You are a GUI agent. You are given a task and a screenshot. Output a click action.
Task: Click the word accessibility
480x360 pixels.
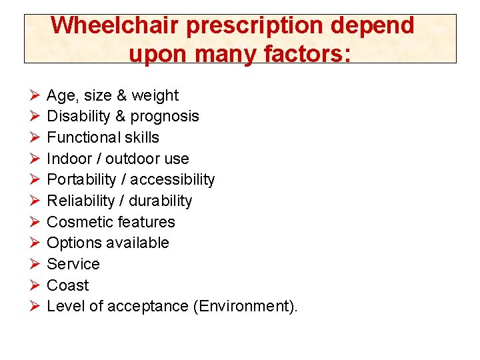(x=173, y=180)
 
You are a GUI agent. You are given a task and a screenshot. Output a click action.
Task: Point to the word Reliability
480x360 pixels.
(x=81, y=201)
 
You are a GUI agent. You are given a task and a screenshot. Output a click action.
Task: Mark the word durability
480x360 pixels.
(x=162, y=201)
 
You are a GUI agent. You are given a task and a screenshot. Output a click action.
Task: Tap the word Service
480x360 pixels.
(x=73, y=264)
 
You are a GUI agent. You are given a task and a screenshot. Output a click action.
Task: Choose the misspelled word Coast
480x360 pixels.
(x=67, y=285)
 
